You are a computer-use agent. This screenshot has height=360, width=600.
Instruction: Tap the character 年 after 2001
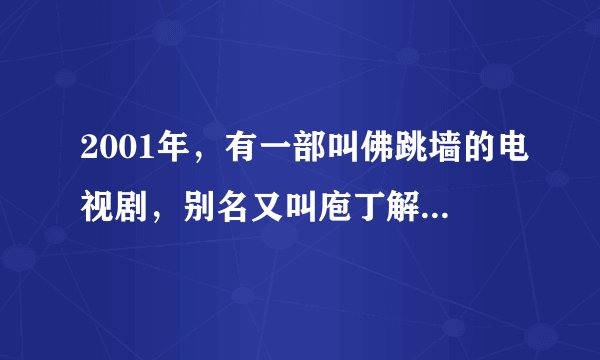(x=164, y=153)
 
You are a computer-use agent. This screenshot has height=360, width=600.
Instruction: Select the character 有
(x=228, y=153)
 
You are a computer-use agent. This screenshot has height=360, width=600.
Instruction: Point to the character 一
(x=261, y=153)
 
